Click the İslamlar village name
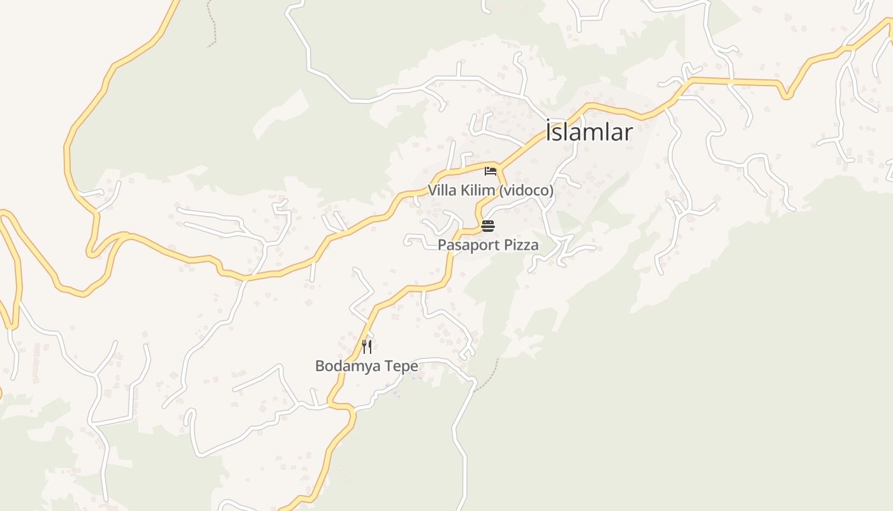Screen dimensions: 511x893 589,132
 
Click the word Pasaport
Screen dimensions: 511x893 467,245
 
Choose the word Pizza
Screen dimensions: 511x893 519,245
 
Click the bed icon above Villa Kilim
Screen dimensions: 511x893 490,171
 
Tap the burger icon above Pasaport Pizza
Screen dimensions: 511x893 488,225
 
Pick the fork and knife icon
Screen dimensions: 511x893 367,347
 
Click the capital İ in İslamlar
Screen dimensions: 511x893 549,132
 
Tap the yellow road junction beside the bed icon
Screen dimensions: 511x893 499,167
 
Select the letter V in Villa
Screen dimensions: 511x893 432,190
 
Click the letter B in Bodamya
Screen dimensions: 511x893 320,366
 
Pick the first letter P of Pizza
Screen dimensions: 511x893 504,245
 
